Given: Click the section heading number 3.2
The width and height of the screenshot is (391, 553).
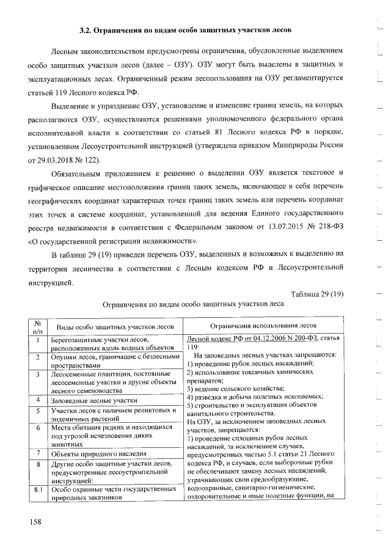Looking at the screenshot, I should pos(87,29).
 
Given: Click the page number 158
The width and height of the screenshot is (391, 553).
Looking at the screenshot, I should pos(38,521).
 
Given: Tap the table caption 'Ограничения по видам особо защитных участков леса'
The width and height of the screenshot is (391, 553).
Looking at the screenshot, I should pos(193,304).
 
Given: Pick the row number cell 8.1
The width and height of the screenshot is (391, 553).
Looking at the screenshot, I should pos(38,489).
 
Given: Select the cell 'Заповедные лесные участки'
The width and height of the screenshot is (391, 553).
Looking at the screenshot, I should pos(94,400).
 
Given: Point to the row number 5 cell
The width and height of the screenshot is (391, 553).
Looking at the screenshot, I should pos(38,413).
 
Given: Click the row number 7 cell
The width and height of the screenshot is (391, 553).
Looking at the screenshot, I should pos(38,453).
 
